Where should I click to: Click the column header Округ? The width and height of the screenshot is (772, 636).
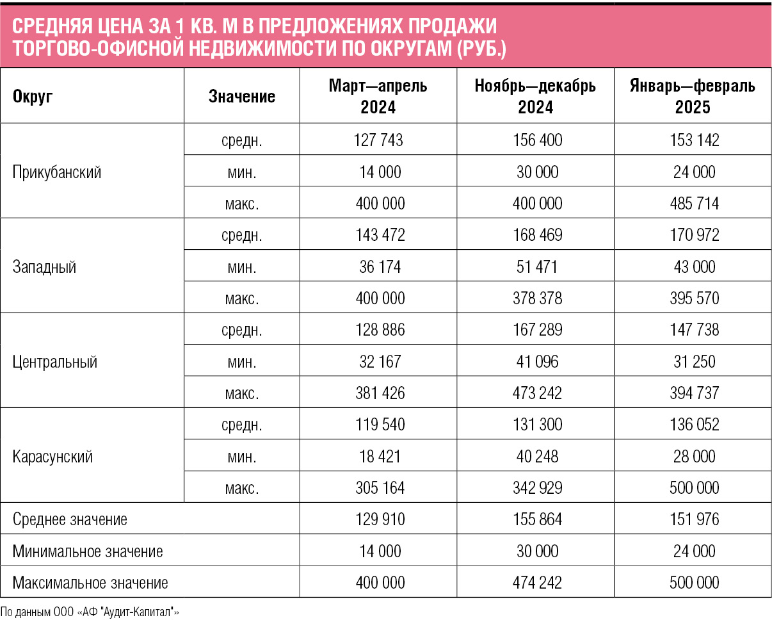click(x=33, y=96)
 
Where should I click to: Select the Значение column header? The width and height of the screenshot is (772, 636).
click(x=242, y=96)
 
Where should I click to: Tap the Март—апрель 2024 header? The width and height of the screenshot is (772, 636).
click(x=378, y=96)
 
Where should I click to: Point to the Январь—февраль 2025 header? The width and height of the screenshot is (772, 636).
click(x=693, y=96)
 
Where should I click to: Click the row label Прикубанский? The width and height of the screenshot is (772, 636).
click(x=57, y=172)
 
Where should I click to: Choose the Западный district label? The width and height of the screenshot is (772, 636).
click(x=44, y=266)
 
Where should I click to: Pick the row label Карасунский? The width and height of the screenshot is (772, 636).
click(x=52, y=457)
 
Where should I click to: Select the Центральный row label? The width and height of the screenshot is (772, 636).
click(x=55, y=362)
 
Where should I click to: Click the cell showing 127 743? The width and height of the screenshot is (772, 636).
click(x=378, y=140)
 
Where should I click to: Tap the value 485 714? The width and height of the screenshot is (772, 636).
click(x=695, y=203)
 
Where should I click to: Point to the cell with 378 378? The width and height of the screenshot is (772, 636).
click(x=537, y=298)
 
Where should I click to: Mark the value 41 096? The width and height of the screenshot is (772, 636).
click(x=537, y=362)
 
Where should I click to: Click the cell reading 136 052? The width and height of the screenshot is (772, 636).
click(x=695, y=425)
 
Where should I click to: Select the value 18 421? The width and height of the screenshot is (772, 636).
click(x=380, y=457)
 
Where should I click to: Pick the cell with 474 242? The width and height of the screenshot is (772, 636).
click(x=537, y=582)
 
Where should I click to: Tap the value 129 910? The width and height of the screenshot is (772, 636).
click(x=380, y=519)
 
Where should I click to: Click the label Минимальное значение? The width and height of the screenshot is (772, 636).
click(x=88, y=551)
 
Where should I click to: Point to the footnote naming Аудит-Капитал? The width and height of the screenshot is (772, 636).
click(x=90, y=612)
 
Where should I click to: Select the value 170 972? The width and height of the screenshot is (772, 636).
click(x=695, y=235)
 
